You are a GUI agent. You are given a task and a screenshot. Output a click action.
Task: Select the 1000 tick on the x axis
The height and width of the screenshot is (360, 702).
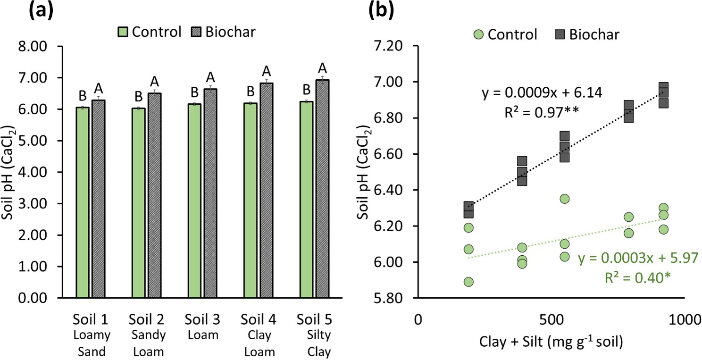click(682, 320)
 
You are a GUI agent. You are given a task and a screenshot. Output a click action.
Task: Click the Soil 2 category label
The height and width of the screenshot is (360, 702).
click(147, 320)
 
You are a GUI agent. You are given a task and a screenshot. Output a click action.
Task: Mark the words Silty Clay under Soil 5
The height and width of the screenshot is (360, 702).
click(316, 344)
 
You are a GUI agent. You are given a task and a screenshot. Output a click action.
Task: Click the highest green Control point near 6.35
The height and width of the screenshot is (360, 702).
click(565, 199)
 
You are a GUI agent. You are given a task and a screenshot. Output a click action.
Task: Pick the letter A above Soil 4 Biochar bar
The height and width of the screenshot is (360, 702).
click(267, 71)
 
